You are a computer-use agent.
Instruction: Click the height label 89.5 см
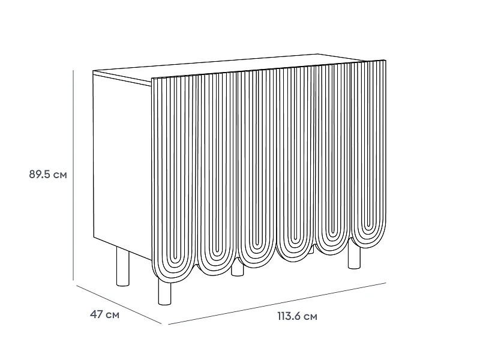(48, 175)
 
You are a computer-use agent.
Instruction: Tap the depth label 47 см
(104, 314)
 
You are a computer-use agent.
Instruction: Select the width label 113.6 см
(297, 316)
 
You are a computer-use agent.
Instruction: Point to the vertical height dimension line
(73, 175)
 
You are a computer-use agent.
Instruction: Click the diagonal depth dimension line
(119, 304)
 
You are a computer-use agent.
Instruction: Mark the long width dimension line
(277, 304)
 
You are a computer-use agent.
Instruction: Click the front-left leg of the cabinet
(164, 292)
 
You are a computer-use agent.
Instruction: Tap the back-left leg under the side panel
(123, 266)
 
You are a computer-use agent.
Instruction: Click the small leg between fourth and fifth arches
(311, 250)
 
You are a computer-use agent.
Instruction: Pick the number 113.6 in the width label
(290, 316)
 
